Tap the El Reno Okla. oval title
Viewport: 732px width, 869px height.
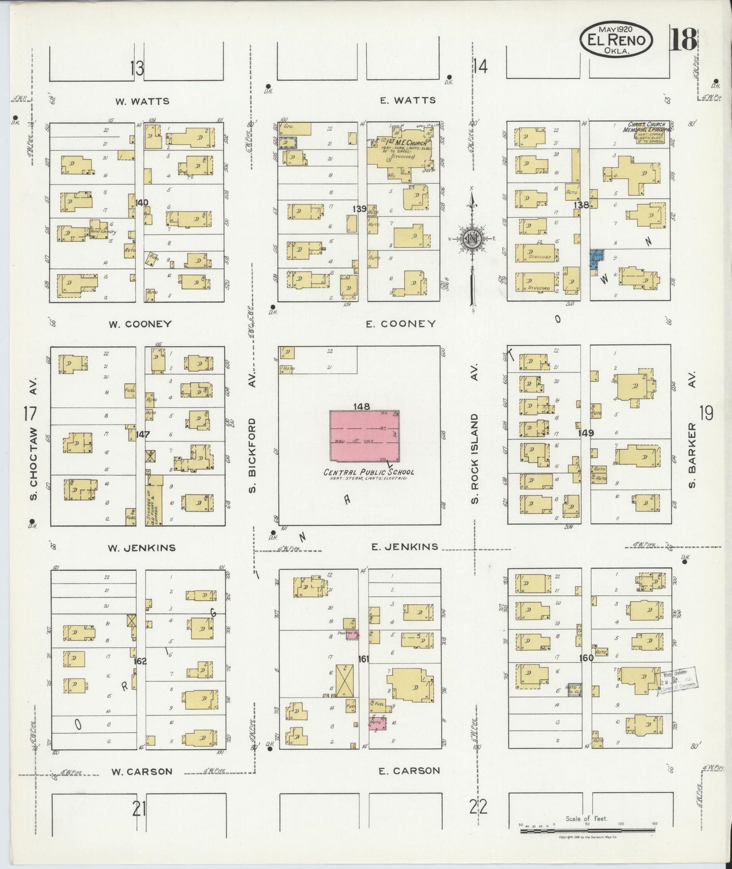pyautogui.click(x=616, y=39)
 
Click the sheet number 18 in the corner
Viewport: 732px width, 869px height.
pyautogui.click(x=683, y=40)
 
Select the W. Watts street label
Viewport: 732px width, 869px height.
pyautogui.click(x=142, y=101)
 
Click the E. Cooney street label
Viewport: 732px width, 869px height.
pyautogui.click(x=401, y=323)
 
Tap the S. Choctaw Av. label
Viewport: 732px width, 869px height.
pyautogui.click(x=33, y=462)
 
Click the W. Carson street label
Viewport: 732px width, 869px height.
pyautogui.click(x=142, y=771)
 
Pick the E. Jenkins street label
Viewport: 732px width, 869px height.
pyautogui.click(x=404, y=547)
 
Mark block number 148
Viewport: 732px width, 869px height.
pyautogui.click(x=362, y=406)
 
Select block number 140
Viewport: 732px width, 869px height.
pyautogui.click(x=142, y=203)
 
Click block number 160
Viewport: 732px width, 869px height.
pyautogui.click(x=587, y=658)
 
